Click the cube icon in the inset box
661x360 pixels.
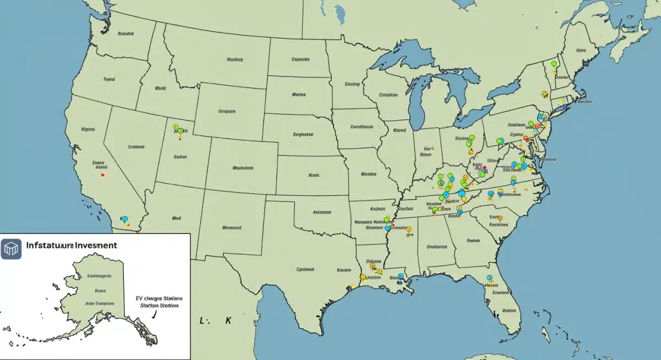tap(11, 249)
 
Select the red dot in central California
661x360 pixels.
tap(103, 175)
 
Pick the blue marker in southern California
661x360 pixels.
tap(124, 219)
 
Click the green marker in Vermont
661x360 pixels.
tap(554, 64)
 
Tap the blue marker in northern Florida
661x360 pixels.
tap(489, 278)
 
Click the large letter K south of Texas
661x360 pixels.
tap(227, 320)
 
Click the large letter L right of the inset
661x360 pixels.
tap(202, 320)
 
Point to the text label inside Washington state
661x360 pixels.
tap(126, 34)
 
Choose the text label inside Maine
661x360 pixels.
tap(580, 50)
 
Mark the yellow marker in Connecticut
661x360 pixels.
tap(561, 100)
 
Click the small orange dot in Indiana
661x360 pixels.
tap(433, 148)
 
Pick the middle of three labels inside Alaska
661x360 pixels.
tap(100, 290)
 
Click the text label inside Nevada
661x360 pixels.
tap(136, 147)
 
